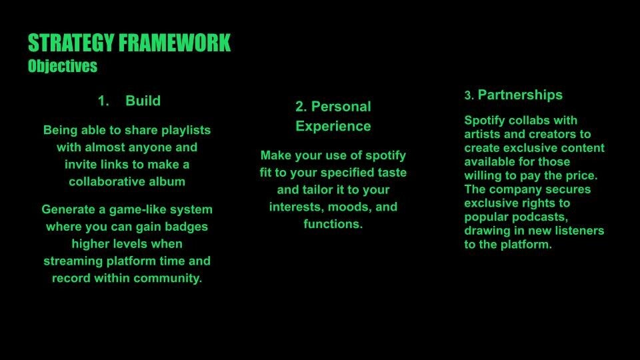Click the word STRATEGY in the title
point(71,43)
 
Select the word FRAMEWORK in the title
point(175,43)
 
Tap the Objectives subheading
point(63,66)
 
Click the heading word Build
point(143,101)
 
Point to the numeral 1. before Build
point(103,101)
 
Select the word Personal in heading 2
point(341,107)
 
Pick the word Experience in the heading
point(333,126)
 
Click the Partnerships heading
point(520,95)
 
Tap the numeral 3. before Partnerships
point(469,95)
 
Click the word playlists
point(186,130)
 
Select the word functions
point(333,224)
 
